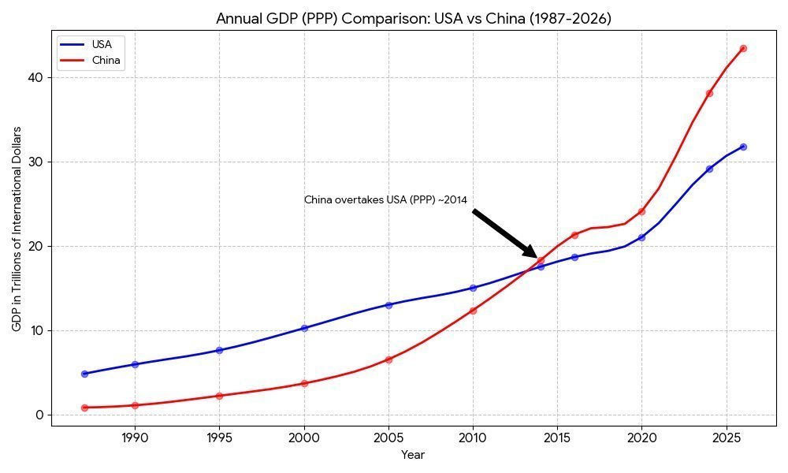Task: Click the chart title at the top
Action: [x=413, y=19]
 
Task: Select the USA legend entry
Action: [x=91, y=44]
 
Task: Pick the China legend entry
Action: [x=91, y=61]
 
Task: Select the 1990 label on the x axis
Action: [x=136, y=438]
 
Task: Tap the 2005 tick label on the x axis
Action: [x=388, y=438]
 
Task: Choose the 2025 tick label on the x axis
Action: [x=727, y=438]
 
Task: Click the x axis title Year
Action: [x=413, y=455]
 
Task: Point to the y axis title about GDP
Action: [x=17, y=229]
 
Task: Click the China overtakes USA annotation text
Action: [x=385, y=200]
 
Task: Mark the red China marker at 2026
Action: [x=743, y=49]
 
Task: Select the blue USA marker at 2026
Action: [x=743, y=147]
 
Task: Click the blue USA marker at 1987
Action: [x=84, y=374]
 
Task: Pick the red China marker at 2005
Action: [x=388, y=359]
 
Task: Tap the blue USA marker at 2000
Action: [x=304, y=328]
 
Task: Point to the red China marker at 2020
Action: [x=641, y=211]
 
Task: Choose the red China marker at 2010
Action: [x=473, y=311]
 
